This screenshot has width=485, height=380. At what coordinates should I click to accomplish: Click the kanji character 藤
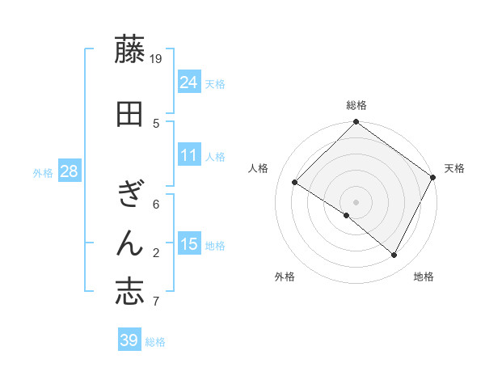tap(129, 50)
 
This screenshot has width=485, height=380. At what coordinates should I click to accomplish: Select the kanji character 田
tap(129, 114)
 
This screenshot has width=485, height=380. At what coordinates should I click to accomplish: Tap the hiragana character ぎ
tap(129, 194)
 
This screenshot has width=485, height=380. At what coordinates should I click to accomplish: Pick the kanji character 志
tap(129, 292)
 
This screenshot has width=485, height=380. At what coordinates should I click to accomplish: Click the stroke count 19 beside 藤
tap(157, 59)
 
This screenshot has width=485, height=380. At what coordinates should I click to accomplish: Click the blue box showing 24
tap(189, 82)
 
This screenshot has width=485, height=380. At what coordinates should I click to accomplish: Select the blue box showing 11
tap(189, 155)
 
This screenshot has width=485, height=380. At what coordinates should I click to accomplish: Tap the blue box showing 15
tap(189, 244)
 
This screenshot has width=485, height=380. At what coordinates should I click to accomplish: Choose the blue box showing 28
tap(69, 171)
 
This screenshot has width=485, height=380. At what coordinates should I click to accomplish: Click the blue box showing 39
tap(129, 340)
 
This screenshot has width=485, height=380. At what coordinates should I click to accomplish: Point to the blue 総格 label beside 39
tap(155, 342)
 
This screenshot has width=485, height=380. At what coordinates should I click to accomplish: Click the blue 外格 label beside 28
tap(43, 173)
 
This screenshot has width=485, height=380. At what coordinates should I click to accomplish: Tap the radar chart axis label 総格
tap(356, 105)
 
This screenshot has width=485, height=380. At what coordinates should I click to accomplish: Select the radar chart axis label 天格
tap(454, 168)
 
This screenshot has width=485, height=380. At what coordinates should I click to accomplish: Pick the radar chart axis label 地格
tap(424, 277)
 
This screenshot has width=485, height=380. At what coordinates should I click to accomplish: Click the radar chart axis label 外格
tap(285, 277)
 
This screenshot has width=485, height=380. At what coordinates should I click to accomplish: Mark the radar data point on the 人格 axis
tap(295, 183)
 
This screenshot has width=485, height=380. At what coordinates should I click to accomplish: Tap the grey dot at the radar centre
tap(356, 201)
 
